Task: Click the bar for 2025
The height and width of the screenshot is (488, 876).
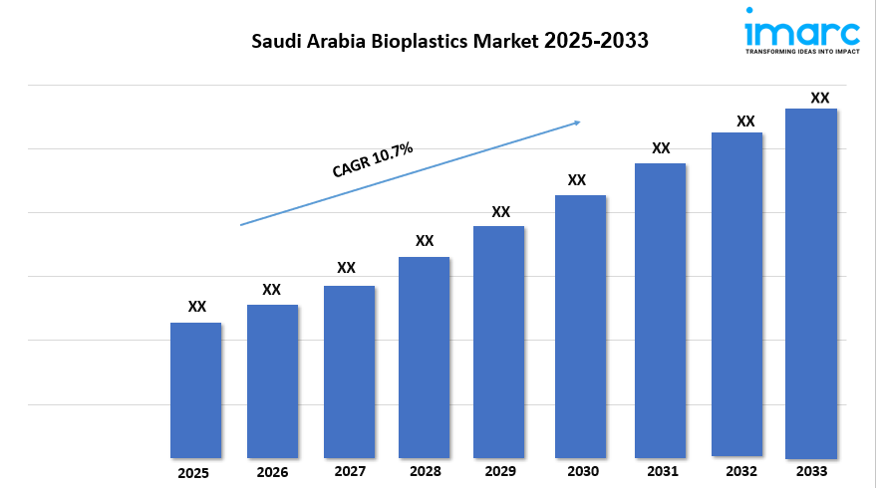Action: click(195, 389)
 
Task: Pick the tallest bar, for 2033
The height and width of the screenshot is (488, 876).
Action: click(810, 283)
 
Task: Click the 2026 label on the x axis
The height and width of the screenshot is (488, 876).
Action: click(271, 472)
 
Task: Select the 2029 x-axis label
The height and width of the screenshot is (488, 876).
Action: click(500, 471)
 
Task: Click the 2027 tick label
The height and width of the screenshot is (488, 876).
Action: click(349, 471)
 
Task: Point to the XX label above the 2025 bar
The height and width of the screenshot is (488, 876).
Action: click(197, 307)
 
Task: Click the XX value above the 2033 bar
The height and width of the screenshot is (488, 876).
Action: click(819, 98)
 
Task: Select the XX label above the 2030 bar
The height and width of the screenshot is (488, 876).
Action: click(576, 180)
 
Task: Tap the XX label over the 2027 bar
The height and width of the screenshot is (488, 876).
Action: click(346, 268)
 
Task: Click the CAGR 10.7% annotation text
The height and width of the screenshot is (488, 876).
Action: click(373, 160)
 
